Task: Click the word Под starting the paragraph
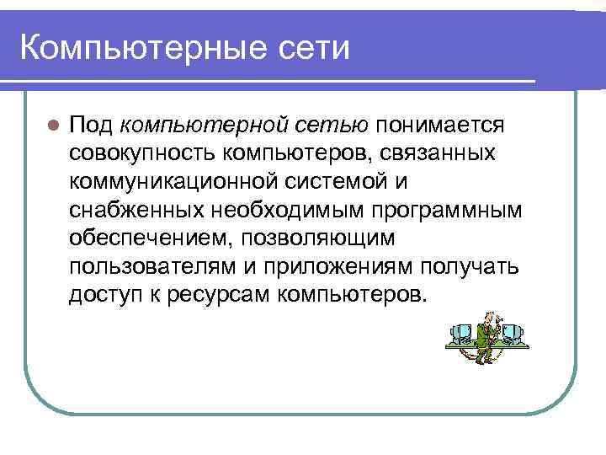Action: (x=91, y=126)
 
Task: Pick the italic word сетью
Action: (x=332, y=126)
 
